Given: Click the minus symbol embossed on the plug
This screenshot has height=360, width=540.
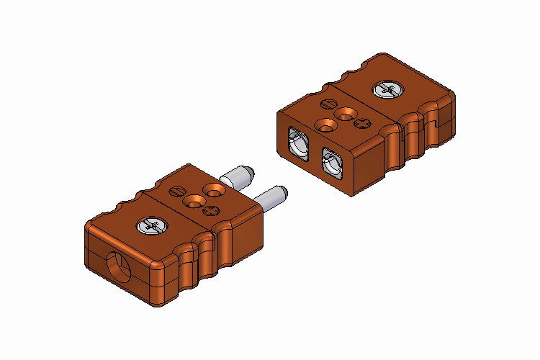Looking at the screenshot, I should (x=177, y=191).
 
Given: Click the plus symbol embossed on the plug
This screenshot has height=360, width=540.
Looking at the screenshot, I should (x=211, y=210).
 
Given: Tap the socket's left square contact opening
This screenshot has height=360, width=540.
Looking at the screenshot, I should (x=298, y=143).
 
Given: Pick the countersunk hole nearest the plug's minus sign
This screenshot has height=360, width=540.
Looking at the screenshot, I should (x=214, y=189).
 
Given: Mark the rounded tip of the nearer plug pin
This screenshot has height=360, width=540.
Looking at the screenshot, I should (x=284, y=191).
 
